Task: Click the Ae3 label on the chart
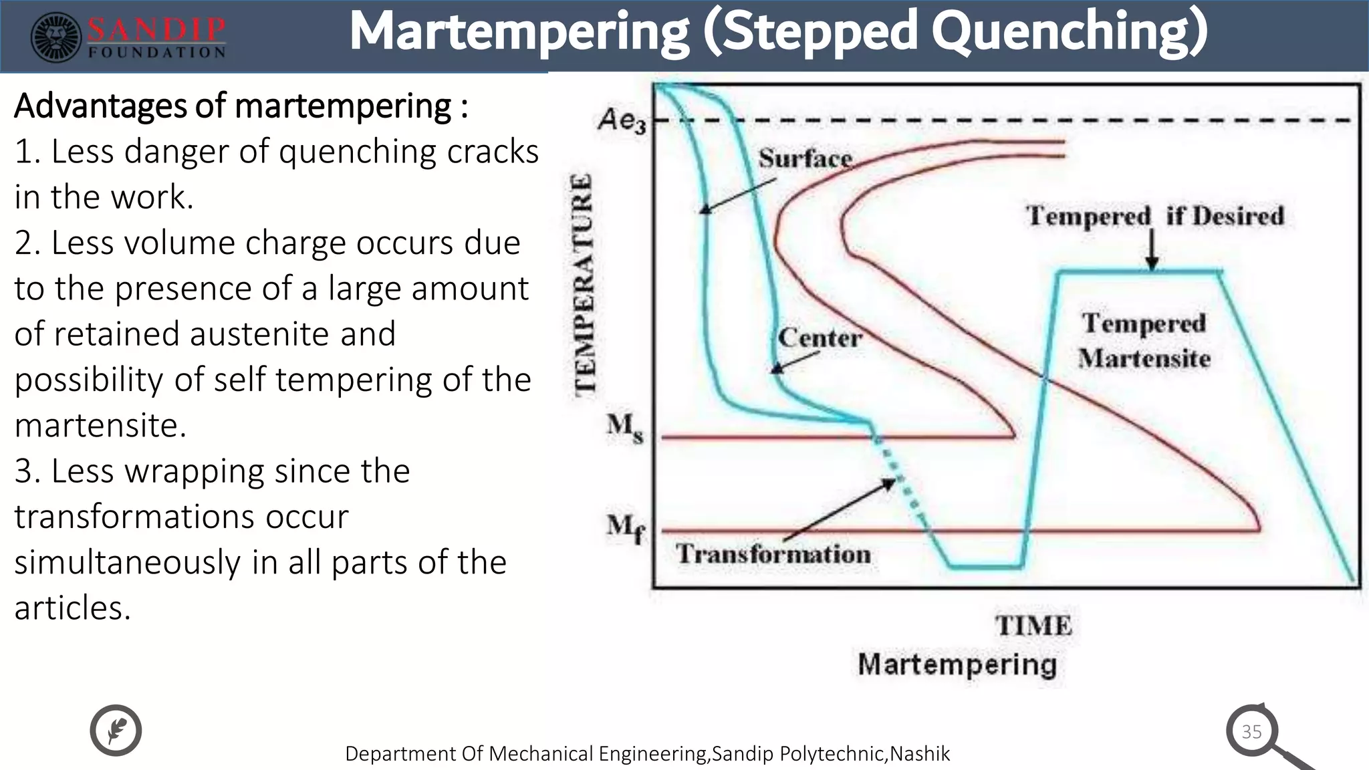point(622,121)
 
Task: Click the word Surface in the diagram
point(805,159)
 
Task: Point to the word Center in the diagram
point(820,338)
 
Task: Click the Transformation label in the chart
point(773,554)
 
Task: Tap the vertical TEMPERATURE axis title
point(584,284)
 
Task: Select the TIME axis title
point(1033,626)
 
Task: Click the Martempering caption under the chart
point(957,664)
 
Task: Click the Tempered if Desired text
point(1154,216)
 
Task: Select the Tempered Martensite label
point(1144,341)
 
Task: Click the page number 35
point(1251,731)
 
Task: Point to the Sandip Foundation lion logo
point(57,38)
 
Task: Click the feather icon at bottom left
point(116,730)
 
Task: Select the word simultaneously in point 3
point(126,562)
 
